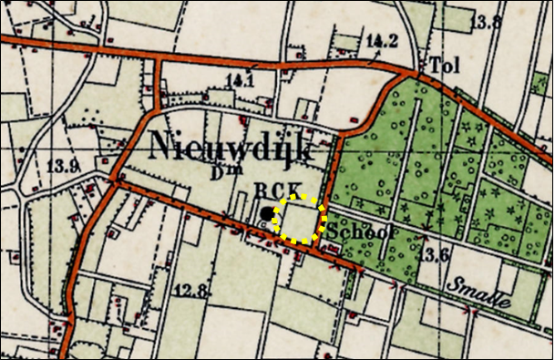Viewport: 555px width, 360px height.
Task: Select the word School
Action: [361, 232]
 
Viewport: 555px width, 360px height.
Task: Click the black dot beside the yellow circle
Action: [265, 216]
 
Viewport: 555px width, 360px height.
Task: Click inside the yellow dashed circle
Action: [300, 219]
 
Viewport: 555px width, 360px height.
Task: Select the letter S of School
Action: [334, 232]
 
